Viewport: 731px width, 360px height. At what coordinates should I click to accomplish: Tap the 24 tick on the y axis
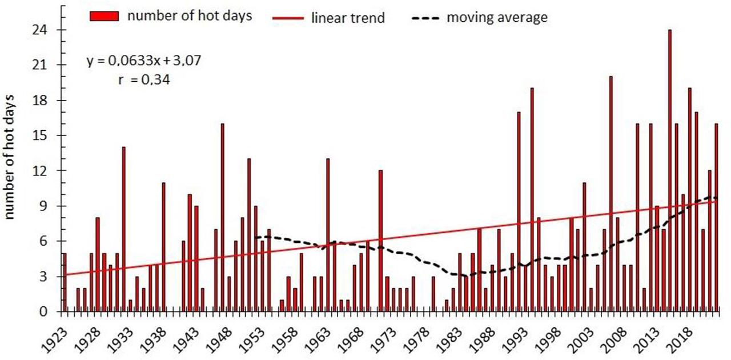tap(46, 30)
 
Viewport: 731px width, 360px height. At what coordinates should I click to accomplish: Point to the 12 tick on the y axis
tap(46, 171)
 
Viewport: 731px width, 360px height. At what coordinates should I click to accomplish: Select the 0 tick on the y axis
tap(50, 312)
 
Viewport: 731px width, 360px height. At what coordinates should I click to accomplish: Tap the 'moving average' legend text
tap(497, 18)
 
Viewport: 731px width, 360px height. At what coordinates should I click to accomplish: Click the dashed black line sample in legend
tap(425, 18)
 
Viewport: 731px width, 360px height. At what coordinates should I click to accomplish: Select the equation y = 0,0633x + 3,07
tap(144, 61)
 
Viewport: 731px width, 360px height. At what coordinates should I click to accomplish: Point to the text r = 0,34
tap(142, 80)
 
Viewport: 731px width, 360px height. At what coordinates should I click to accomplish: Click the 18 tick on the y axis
tap(46, 101)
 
